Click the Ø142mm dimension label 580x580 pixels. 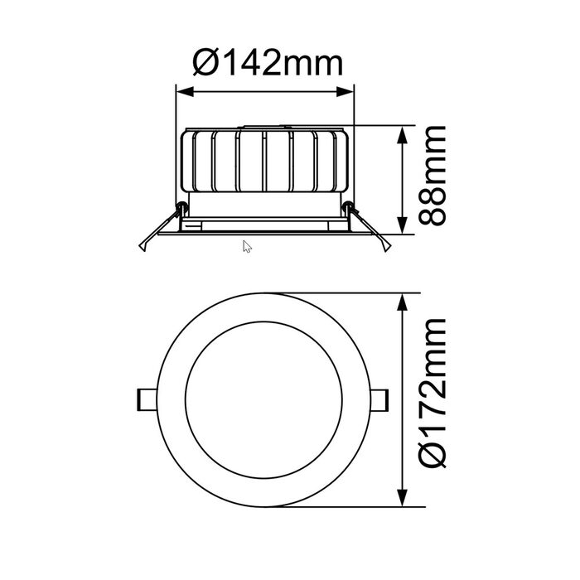coord(268,64)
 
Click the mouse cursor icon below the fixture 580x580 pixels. coord(247,247)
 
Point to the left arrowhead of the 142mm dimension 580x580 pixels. coord(185,92)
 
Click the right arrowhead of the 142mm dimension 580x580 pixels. coord(346,92)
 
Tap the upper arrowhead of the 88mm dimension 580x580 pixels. coord(402,134)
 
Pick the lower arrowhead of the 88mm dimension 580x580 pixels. coord(402,225)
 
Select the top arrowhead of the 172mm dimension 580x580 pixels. coord(402,302)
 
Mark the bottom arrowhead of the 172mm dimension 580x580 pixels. coord(402,497)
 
